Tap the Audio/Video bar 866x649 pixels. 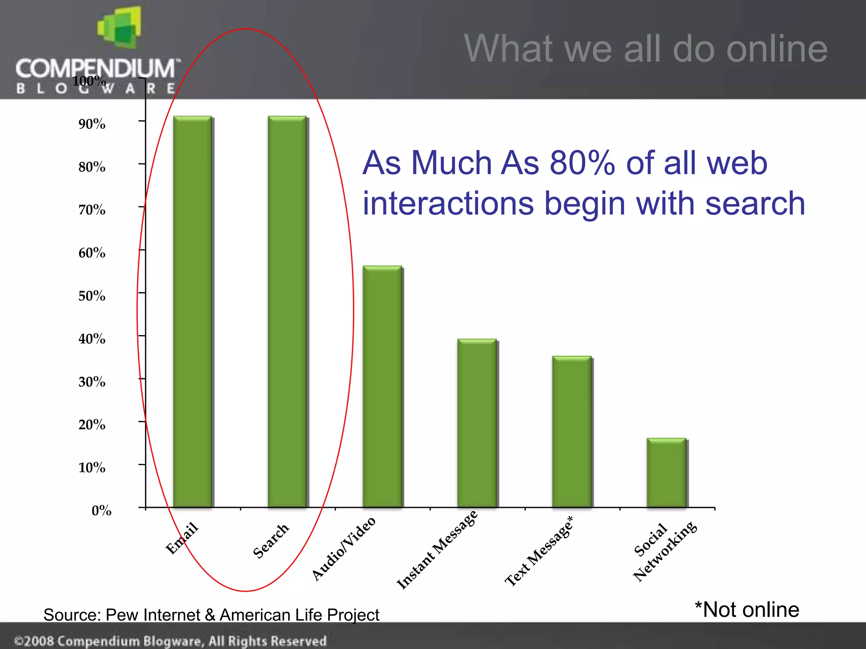(x=382, y=386)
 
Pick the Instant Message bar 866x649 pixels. (x=477, y=423)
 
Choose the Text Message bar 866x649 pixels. (x=572, y=431)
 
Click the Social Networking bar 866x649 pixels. (x=666, y=473)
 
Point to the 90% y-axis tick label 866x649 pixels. (x=92, y=124)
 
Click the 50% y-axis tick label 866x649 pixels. (x=92, y=296)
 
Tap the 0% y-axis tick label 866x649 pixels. (x=101, y=510)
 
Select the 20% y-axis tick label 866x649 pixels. (x=92, y=425)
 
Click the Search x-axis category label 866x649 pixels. (x=271, y=541)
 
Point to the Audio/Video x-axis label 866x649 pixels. (x=343, y=548)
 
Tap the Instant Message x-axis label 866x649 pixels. (x=437, y=549)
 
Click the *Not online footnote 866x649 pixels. (x=747, y=610)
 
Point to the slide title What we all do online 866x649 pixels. (x=645, y=49)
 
